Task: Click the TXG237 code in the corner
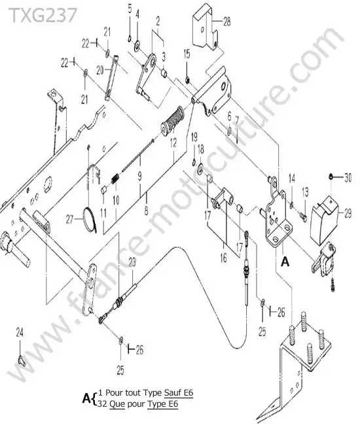coord(43,14)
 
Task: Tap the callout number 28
coord(226,22)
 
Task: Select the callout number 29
coord(348,213)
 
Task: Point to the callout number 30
coord(348,178)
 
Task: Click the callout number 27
coord(70,220)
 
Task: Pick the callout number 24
coord(20,333)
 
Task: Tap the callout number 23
coord(132,262)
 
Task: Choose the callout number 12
coord(173,143)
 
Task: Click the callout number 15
coord(187,54)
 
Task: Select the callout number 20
coord(100,71)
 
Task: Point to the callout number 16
coord(223,258)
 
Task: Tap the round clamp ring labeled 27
coord(89,220)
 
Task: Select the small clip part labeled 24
coord(22,361)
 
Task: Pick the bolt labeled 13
coord(304,217)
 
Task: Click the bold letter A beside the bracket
coord(285,262)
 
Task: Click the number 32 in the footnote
coord(103,403)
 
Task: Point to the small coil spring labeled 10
coord(115,178)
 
